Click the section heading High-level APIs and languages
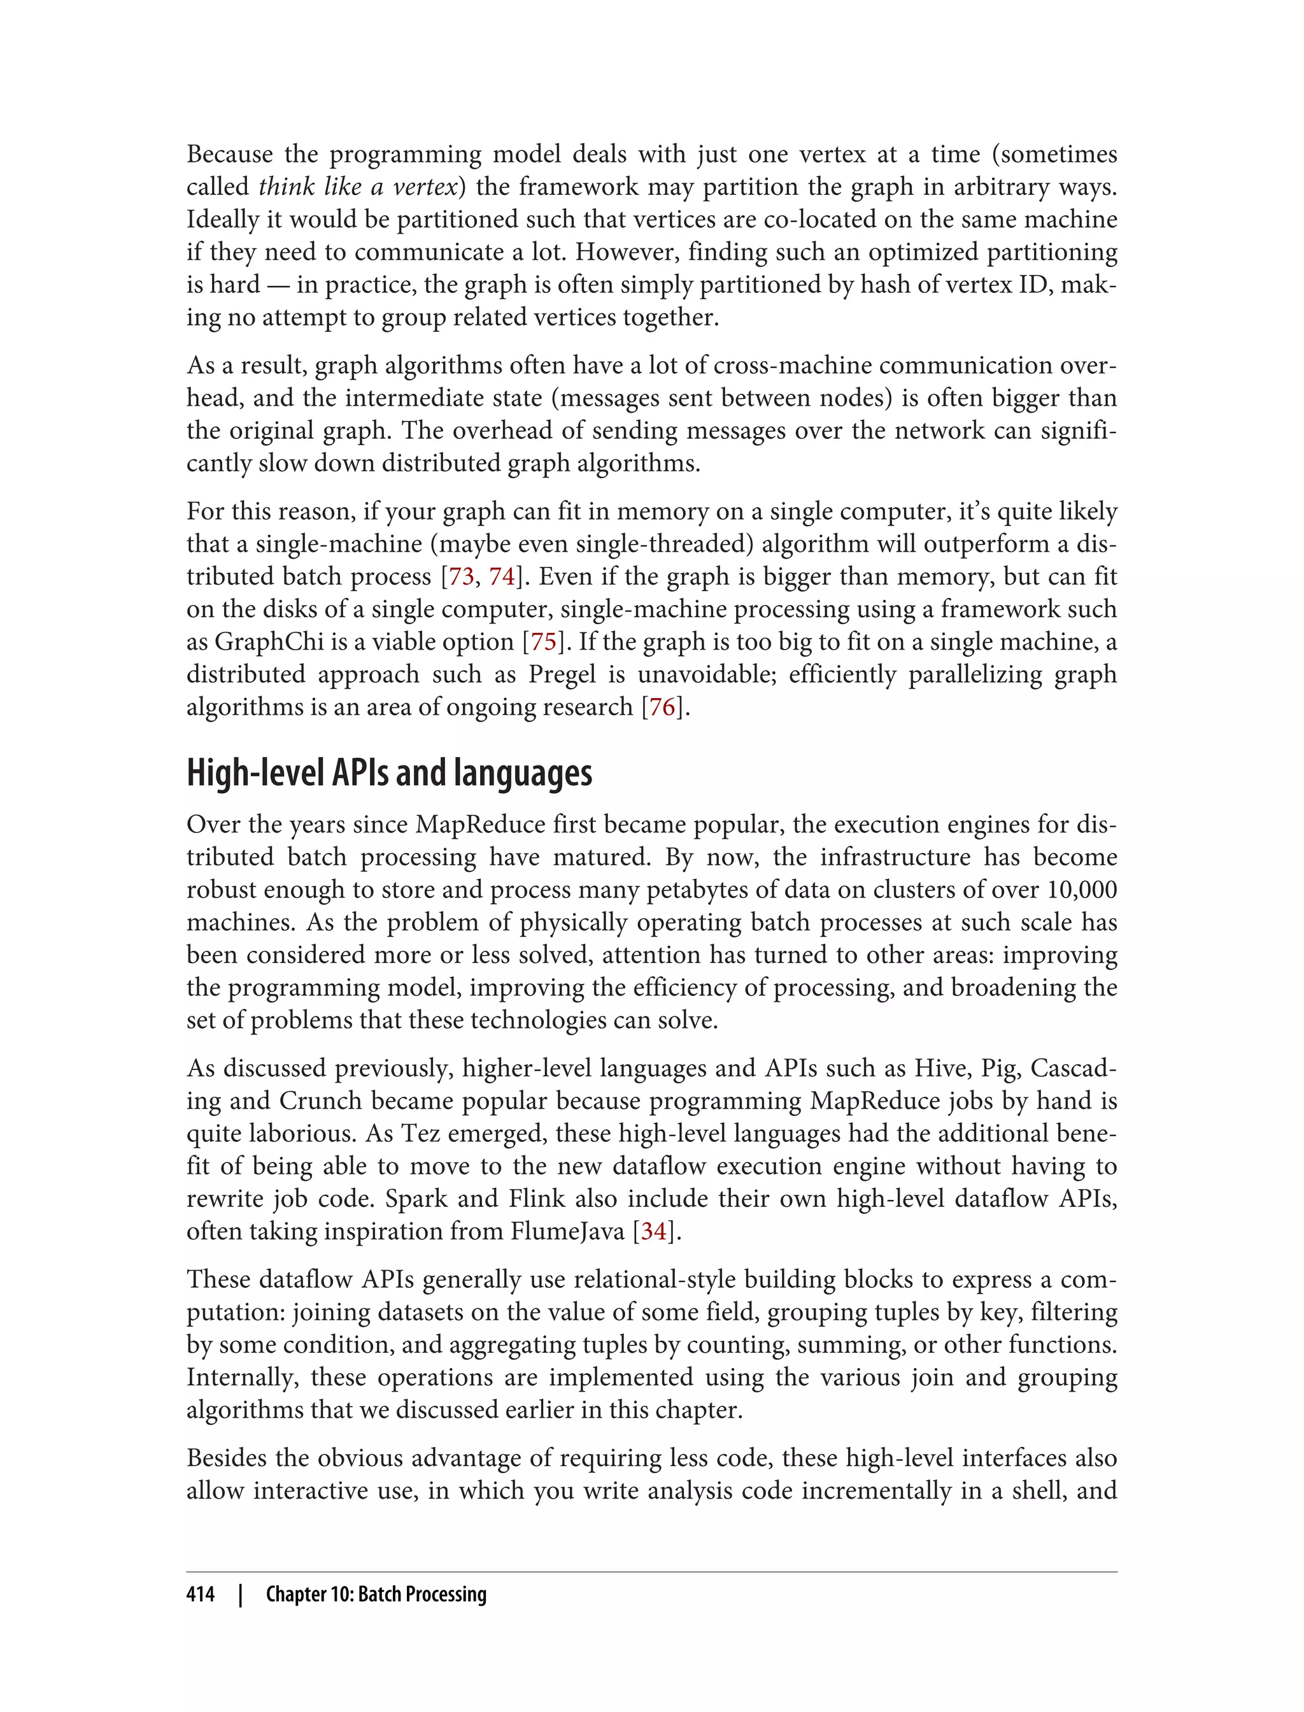tap(389, 773)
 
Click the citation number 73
tap(461, 577)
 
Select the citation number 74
tap(502, 577)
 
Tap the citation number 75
tap(543, 642)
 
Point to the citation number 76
tap(662, 708)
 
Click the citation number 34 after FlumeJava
tap(653, 1231)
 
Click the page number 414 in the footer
tap(201, 1594)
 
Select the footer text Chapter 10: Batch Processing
tap(376, 1594)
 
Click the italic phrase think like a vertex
tap(357, 187)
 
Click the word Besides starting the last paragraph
tap(227, 1458)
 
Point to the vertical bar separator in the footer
tap(241, 1594)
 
